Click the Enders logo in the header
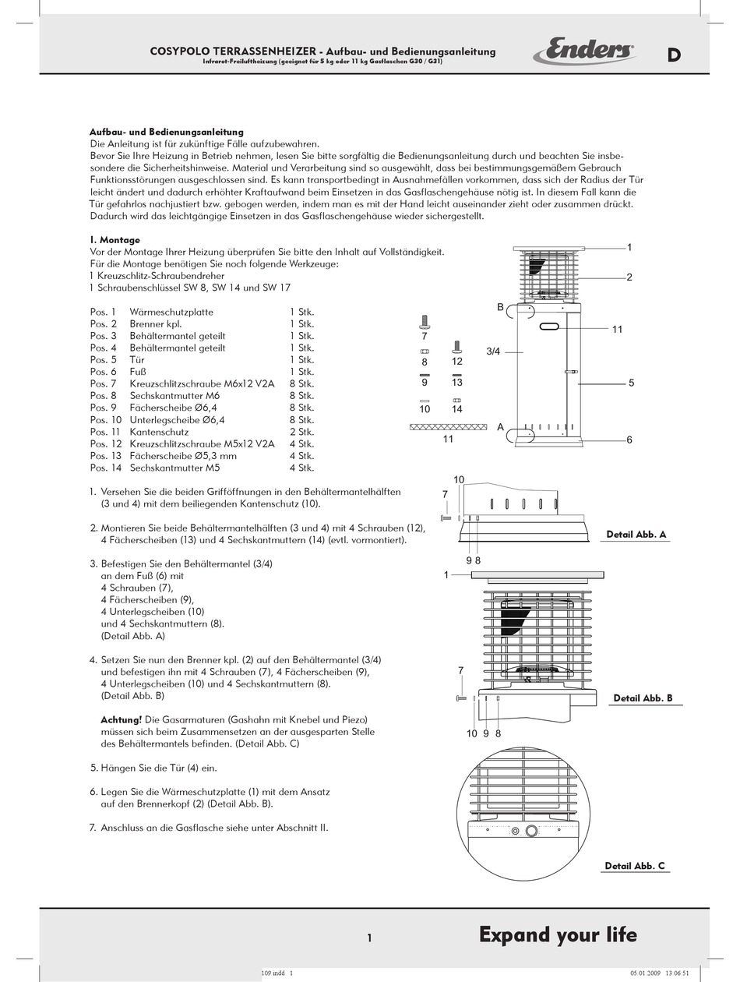[x=584, y=52]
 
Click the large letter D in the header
[x=674, y=55]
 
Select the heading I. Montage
[x=115, y=240]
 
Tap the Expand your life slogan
[x=558, y=934]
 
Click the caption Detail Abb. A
[x=636, y=535]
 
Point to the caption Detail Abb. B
[x=643, y=698]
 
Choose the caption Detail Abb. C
[x=635, y=866]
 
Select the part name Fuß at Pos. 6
[x=138, y=372]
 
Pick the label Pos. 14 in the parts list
[x=104, y=468]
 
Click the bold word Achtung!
[x=121, y=719]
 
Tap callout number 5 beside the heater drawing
[x=632, y=383]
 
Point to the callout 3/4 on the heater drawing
[x=493, y=351]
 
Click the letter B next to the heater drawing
[x=501, y=308]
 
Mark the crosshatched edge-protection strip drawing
[x=448, y=426]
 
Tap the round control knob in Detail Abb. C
[x=532, y=831]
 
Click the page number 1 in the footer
[x=369, y=938]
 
